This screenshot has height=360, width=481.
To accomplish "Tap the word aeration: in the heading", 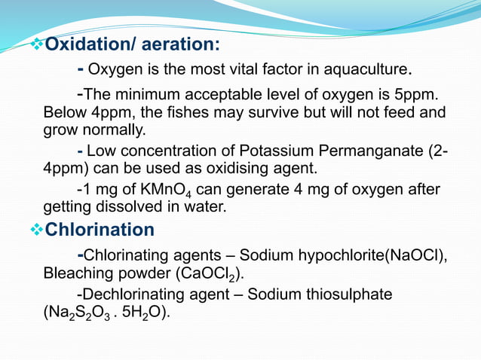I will click(x=182, y=45).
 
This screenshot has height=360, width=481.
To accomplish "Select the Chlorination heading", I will click(x=100, y=229).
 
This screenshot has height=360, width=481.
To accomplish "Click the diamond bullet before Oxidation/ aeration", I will click(x=37, y=45).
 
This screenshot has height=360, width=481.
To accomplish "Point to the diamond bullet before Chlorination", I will click(x=37, y=229).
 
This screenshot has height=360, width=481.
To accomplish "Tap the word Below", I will click(x=63, y=112).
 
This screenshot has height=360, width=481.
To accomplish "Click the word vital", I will click(x=217, y=72).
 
